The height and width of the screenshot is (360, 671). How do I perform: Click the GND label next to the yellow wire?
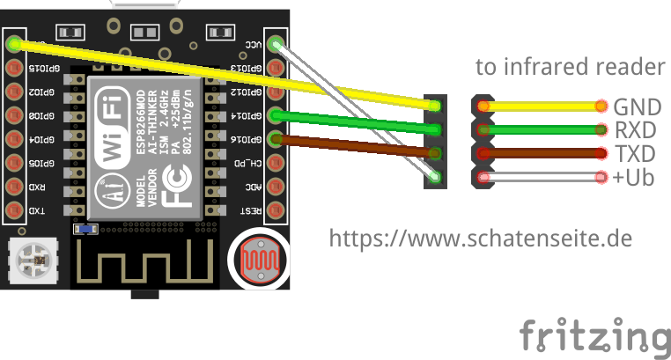[638, 107]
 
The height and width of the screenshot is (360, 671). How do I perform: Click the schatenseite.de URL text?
[481, 238]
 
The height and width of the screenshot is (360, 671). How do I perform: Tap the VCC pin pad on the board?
[276, 44]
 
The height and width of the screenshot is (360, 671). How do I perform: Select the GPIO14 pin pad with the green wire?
[276, 115]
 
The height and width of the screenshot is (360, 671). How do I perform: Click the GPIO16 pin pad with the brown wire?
[276, 139]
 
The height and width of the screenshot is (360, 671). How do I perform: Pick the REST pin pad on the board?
[276, 210]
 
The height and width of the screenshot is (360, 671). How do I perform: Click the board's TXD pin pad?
[13, 210]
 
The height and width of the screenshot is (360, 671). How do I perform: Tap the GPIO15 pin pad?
[13, 68]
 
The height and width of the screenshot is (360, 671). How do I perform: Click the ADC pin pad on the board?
[276, 187]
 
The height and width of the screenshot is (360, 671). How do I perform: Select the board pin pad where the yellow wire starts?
[13, 44]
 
